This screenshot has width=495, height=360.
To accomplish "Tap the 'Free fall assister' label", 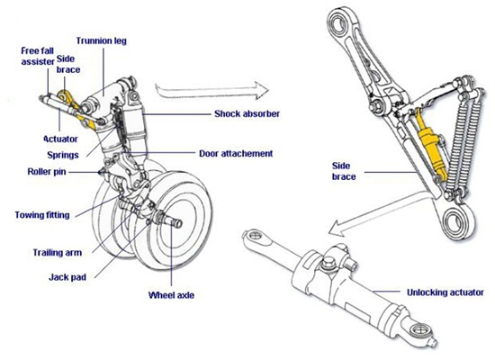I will [36, 57].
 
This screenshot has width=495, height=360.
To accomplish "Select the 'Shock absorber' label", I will [246, 114].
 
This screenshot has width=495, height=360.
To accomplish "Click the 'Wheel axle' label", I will [172, 294].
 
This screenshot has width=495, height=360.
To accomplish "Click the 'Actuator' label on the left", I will [61, 139].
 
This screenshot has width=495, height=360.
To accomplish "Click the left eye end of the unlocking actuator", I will [256, 239].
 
